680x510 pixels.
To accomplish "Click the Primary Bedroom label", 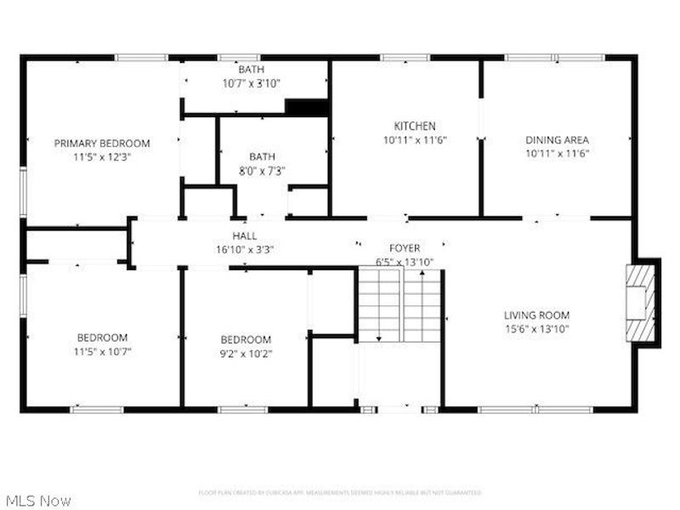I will (102, 143).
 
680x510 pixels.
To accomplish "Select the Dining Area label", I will (557, 140).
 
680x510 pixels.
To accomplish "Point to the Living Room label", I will (536, 314).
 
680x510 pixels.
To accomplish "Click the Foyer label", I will (405, 248).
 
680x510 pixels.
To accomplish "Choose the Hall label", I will (245, 235).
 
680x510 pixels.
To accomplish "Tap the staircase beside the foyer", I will (399, 304).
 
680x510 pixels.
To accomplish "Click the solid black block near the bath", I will (306, 108).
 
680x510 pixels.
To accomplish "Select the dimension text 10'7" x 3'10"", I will (251, 83).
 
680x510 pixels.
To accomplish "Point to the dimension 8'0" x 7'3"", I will (262, 170).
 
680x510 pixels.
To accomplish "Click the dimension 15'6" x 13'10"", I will (536, 328).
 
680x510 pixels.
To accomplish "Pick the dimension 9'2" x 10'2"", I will (246, 353).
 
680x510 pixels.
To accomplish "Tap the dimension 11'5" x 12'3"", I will (102, 156).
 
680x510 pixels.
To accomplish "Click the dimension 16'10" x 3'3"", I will (245, 249).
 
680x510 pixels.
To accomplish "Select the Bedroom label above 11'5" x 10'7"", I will (102, 337).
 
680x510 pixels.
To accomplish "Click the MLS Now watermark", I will (37, 501).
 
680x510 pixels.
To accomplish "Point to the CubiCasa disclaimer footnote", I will (340, 492).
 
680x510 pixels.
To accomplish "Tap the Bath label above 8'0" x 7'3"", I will (262, 156).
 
